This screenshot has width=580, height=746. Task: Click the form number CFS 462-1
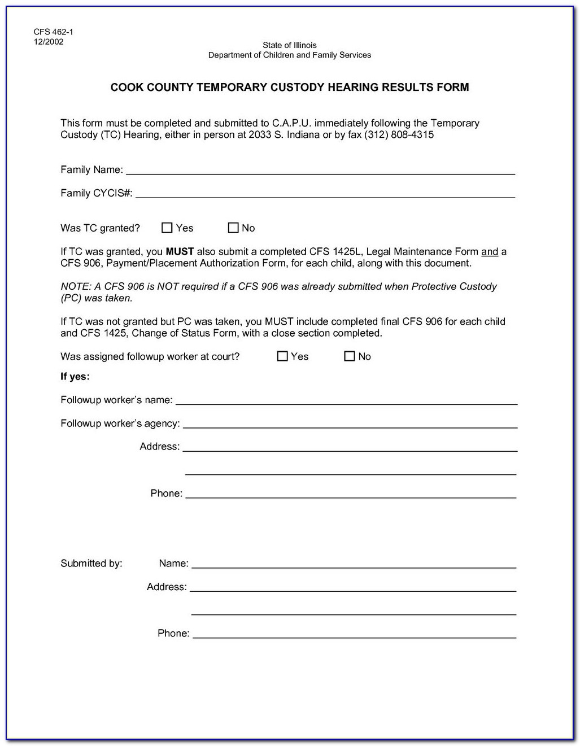(x=53, y=32)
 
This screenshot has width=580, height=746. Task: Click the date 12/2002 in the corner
(x=49, y=42)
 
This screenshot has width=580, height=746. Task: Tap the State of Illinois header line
(x=289, y=45)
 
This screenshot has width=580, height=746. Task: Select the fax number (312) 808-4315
(x=399, y=136)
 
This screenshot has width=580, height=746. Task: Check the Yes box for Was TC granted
(x=167, y=228)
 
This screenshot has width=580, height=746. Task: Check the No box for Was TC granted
(x=233, y=228)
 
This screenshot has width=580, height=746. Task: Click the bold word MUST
(x=180, y=252)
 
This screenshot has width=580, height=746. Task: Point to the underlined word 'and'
(x=490, y=252)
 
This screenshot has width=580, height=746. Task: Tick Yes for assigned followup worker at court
(x=282, y=356)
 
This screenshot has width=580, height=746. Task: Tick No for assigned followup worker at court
(x=350, y=356)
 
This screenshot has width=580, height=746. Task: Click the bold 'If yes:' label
(x=75, y=377)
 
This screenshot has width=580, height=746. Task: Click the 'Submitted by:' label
(x=91, y=564)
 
